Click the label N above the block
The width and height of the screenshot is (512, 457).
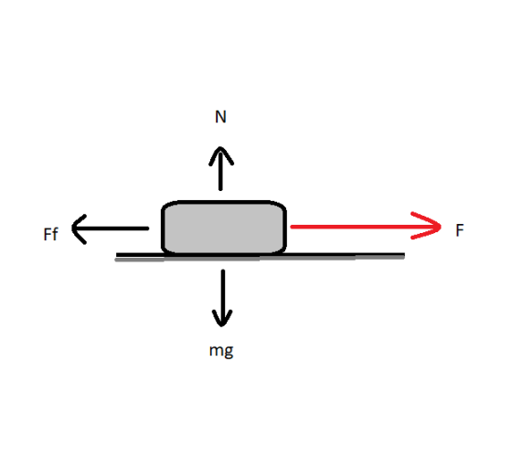[x=220, y=117]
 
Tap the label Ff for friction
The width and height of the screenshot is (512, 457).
[x=50, y=234]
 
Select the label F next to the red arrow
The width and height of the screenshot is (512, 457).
[x=460, y=230]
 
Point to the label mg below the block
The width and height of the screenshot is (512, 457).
[x=221, y=351]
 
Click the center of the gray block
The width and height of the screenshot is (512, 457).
[x=224, y=228]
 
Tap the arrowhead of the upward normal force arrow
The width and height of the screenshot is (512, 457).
[x=221, y=156]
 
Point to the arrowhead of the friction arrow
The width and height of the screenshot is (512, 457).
[x=79, y=229]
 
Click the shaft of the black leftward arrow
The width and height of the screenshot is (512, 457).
[x=111, y=228]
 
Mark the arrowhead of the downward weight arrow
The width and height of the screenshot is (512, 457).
[x=222, y=318]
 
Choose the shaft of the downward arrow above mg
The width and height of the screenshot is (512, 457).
[x=223, y=297]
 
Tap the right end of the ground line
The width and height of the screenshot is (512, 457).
[x=404, y=255]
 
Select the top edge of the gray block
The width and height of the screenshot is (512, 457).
[x=224, y=203]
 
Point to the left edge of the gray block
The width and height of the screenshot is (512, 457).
[x=163, y=228]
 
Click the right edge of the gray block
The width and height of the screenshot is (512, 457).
[x=284, y=228]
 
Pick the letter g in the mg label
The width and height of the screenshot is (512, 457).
[x=229, y=352]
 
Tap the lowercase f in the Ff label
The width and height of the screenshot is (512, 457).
[x=55, y=234]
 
